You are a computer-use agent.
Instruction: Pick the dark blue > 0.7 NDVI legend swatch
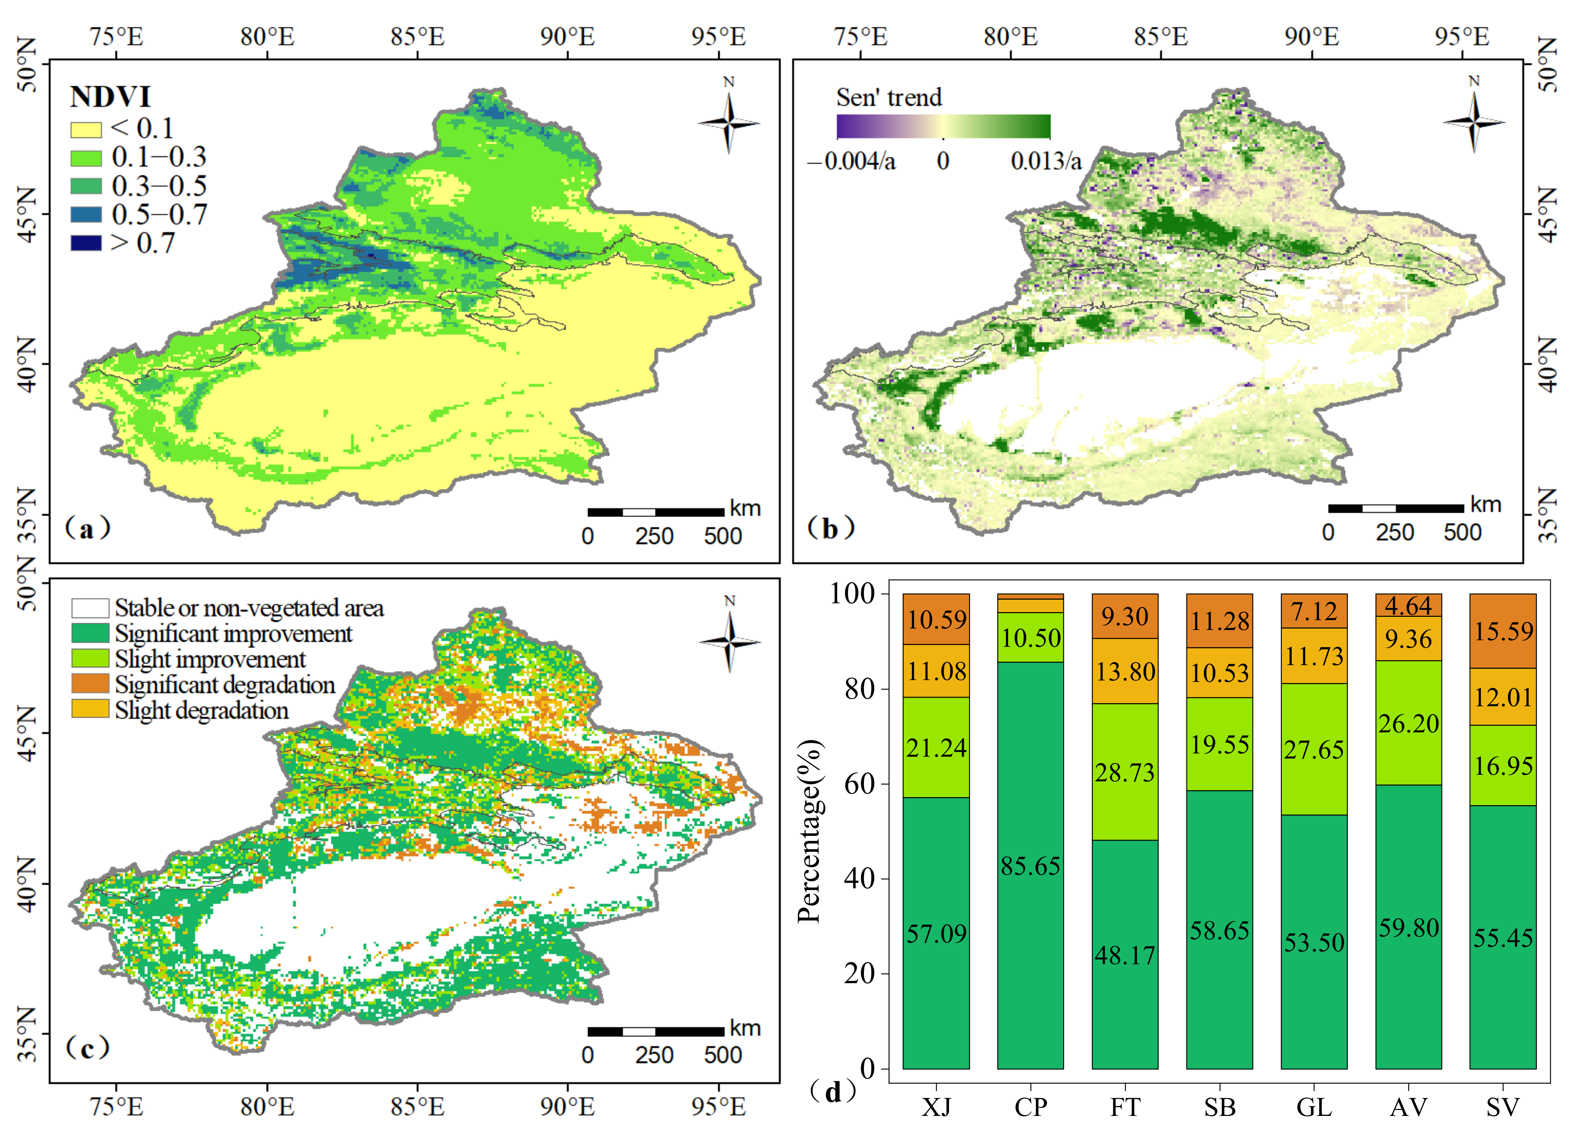pyautogui.click(x=86, y=243)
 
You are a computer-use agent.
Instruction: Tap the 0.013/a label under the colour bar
pyautogui.click(x=1046, y=162)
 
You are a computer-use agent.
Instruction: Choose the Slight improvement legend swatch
pyautogui.click(x=90, y=658)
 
